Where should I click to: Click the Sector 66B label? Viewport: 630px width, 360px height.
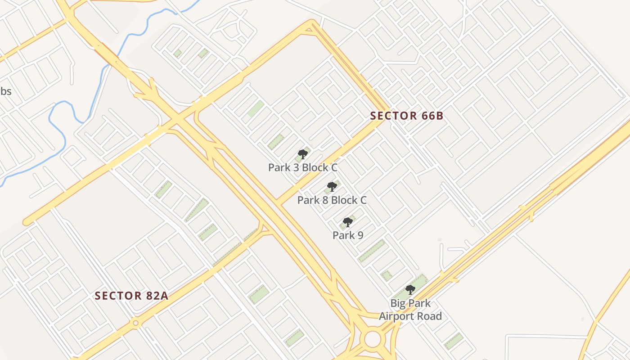tap(407, 116)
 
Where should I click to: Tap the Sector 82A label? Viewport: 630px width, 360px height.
tap(131, 296)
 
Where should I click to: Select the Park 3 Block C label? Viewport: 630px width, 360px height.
tap(303, 168)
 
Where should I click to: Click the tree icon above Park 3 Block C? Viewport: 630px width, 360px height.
tap(303, 155)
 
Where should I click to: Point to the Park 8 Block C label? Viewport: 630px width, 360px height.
tap(332, 200)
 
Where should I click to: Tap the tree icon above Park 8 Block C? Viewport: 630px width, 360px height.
tap(332, 186)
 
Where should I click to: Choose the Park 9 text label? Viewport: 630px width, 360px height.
tap(348, 235)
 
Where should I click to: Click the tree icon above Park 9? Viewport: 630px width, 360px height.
tap(347, 222)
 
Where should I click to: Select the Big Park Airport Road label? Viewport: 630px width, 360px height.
tap(410, 310)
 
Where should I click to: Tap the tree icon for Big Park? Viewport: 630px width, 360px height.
tap(410, 289)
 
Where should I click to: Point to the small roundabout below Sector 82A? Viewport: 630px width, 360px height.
tap(135, 323)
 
